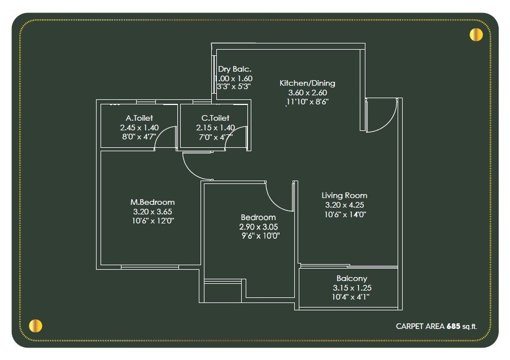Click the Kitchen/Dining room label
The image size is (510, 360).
[307, 83]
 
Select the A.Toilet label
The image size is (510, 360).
[139, 118]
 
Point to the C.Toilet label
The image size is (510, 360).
[216, 118]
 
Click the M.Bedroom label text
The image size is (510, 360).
[152, 202]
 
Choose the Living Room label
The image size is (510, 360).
[345, 195]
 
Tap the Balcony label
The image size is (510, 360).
[351, 278]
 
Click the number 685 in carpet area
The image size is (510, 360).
[453, 326]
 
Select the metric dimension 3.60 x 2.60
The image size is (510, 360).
[307, 93]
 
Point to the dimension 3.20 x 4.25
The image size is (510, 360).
[345, 205]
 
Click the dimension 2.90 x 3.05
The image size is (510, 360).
[259, 227]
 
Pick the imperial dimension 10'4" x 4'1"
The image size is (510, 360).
[351, 297]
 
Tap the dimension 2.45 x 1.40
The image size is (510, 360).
[139, 128]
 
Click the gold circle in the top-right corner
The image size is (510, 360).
[476, 35]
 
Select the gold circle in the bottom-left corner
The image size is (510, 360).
[36, 326]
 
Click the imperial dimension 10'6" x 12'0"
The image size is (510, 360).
[152, 221]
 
